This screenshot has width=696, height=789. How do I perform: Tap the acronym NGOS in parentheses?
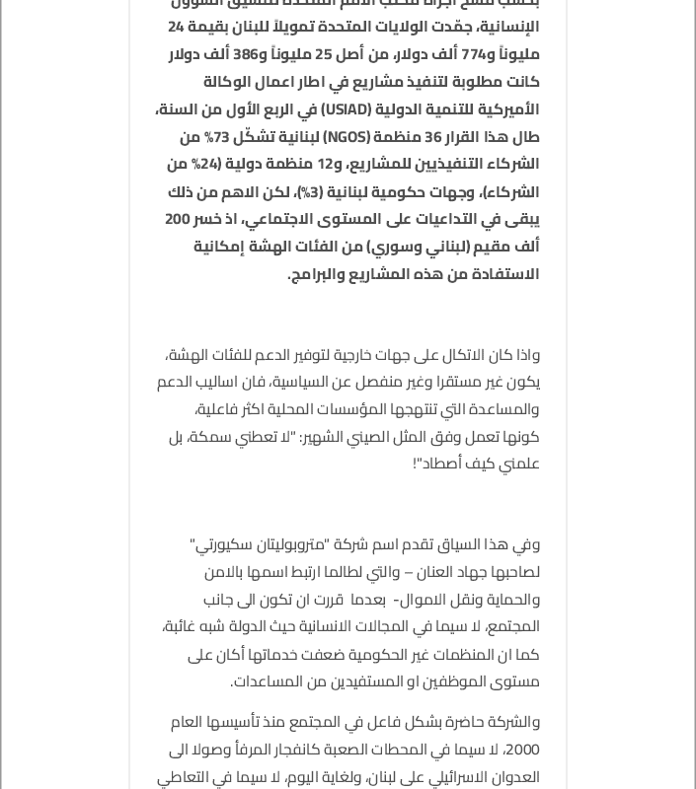(x=346, y=137)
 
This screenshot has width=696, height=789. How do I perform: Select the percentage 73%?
(x=216, y=137)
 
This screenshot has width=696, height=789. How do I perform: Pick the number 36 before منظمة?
(x=432, y=137)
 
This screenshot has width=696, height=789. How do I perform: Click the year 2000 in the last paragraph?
(x=521, y=750)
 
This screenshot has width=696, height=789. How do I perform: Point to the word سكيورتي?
(x=221, y=544)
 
